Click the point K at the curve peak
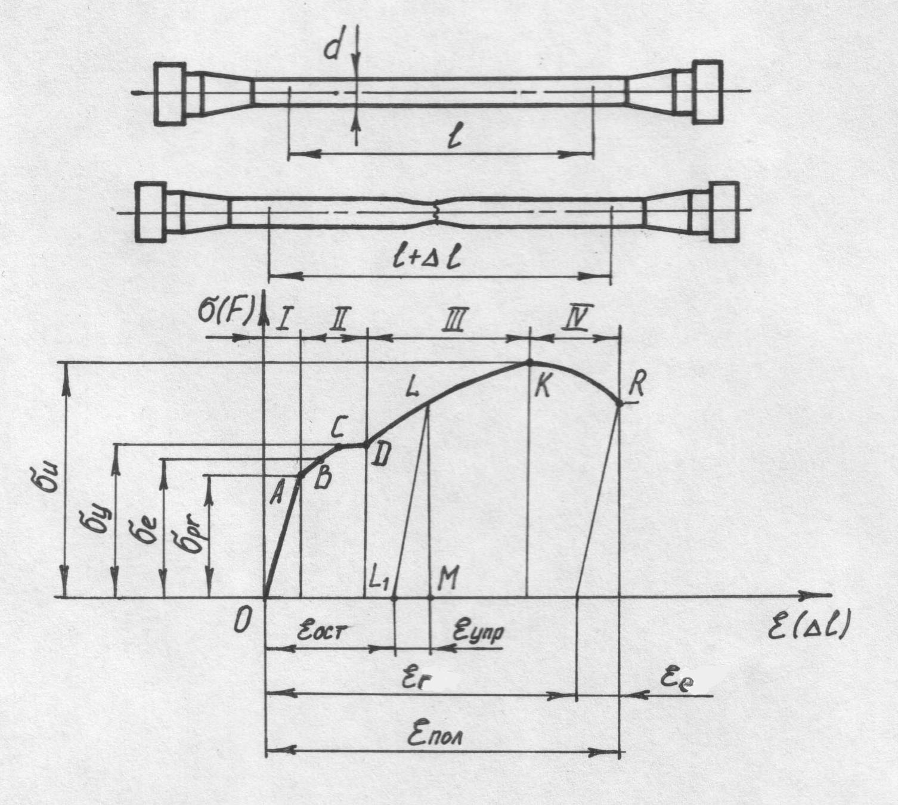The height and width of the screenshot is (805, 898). click(x=529, y=362)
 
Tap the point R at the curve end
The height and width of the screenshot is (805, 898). click(x=620, y=404)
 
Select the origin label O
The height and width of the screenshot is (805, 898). click(x=241, y=622)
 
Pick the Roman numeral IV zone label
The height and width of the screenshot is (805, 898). click(x=577, y=320)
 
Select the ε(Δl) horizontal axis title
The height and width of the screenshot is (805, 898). click(x=808, y=627)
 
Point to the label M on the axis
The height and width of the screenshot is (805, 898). click(x=448, y=578)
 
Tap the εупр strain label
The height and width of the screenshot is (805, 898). click(x=478, y=631)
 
